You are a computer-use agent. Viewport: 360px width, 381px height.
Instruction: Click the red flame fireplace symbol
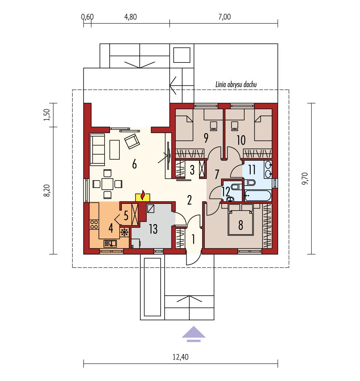[143, 196]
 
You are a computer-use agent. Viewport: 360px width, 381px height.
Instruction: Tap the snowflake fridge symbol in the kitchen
[124, 232]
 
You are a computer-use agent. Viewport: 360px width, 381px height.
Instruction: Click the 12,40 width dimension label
[181, 357]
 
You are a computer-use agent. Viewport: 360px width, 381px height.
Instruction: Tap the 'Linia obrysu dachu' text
[236, 85]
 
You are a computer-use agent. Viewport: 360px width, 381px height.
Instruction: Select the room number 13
[153, 229]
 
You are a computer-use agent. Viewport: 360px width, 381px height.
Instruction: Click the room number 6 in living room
[134, 165]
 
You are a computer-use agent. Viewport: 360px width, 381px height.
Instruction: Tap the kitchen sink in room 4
[110, 243]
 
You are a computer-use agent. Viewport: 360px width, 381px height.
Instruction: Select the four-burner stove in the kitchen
[93, 225]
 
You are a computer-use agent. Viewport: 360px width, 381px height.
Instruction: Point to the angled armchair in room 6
[132, 141]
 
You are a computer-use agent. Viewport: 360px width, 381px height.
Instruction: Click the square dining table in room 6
[107, 184]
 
